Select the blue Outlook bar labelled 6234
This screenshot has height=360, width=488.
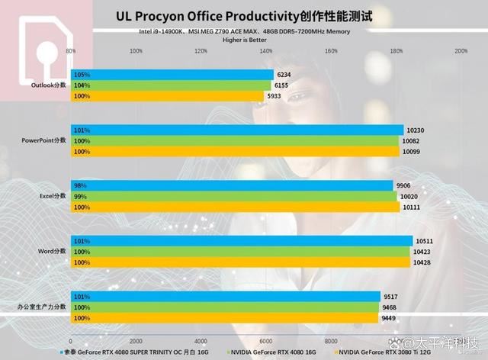click(172, 75)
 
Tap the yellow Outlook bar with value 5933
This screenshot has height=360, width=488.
click(168, 96)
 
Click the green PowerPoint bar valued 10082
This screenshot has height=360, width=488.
click(236, 141)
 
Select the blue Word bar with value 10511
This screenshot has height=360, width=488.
click(241, 241)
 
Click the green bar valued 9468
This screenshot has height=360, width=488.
click(225, 307)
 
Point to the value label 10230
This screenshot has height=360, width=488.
click(416, 130)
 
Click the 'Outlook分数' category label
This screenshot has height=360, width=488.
click(50, 85)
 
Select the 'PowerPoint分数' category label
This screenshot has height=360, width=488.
click(45, 141)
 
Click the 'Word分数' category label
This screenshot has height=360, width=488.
click(53, 252)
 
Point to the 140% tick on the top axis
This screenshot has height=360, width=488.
click(266, 51)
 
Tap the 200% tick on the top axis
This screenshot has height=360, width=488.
click(461, 51)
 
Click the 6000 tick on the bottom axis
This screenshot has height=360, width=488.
click(266, 341)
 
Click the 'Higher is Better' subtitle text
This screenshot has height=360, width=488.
click(243, 39)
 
